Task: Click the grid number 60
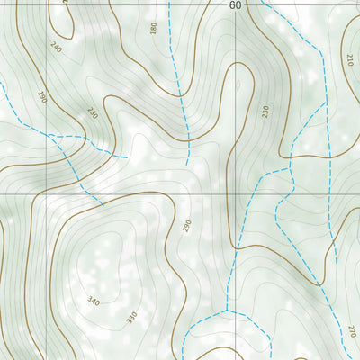tap(236, 5)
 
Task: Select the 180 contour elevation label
tap(153, 29)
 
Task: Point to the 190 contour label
tap(41, 96)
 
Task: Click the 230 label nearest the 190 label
tap(92, 112)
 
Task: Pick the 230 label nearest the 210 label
tap(265, 112)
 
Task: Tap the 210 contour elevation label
tap(349, 61)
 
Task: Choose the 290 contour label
tap(187, 226)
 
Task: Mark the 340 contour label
tap(94, 300)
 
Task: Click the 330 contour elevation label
tap(131, 317)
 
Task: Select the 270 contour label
tap(351, 331)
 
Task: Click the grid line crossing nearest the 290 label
tap(236, 193)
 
